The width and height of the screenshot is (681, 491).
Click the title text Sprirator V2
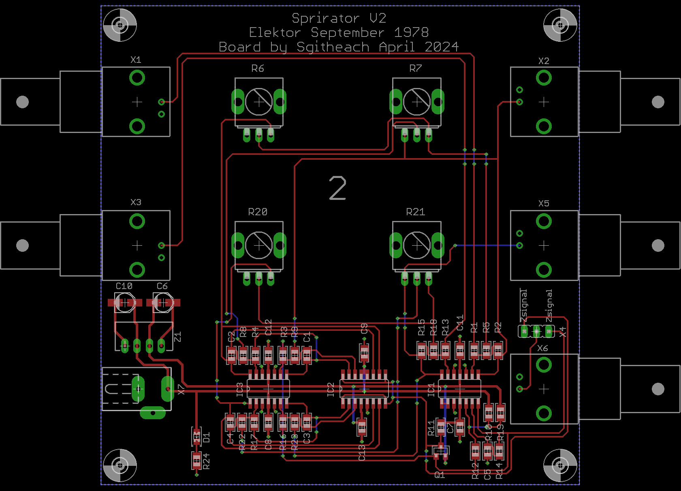click(x=339, y=18)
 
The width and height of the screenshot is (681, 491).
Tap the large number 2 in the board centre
click(x=337, y=189)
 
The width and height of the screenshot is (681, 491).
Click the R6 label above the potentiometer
click(x=258, y=69)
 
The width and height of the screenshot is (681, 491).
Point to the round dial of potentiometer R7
click(x=416, y=102)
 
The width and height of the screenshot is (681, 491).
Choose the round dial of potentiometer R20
click(x=258, y=245)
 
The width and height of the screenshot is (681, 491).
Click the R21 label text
click(x=415, y=212)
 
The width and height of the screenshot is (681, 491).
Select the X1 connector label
click(x=136, y=60)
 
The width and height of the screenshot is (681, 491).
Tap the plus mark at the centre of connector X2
click(x=544, y=102)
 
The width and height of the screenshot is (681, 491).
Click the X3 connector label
click(x=136, y=202)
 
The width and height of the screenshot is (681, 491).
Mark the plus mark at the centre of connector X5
click(x=544, y=245)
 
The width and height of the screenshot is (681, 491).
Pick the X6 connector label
click(x=542, y=348)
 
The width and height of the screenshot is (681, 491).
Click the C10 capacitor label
click(x=124, y=286)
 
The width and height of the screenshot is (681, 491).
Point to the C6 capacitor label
click(x=162, y=286)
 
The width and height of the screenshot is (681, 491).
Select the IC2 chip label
click(x=331, y=390)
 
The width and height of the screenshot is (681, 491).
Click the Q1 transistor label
click(x=440, y=475)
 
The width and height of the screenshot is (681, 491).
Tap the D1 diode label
click(x=207, y=437)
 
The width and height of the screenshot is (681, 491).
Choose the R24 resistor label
click(x=207, y=461)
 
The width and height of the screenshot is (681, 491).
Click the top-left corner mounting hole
click(x=120, y=25)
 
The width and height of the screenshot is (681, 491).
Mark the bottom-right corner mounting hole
click(x=560, y=465)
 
